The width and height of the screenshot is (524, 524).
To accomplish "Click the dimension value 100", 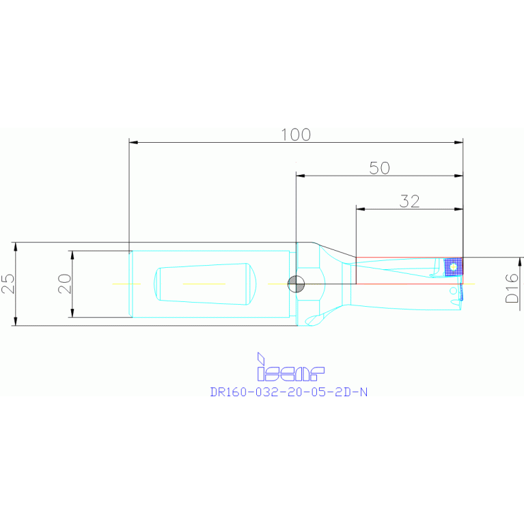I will [x=296, y=135].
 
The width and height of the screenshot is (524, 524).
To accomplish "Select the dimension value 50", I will [x=379, y=168].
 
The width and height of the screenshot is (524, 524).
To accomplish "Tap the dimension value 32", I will [x=409, y=201].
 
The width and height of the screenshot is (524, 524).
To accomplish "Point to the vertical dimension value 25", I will [x=8, y=284].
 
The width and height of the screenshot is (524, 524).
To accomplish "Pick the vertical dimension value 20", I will [x=64, y=284].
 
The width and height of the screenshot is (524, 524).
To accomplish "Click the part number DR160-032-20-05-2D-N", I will [x=289, y=392].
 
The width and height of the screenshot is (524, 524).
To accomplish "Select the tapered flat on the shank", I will [x=206, y=284].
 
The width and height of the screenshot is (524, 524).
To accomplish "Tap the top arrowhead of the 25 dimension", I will [x=15, y=246].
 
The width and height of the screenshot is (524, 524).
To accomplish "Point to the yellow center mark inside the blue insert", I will [x=452, y=266].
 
